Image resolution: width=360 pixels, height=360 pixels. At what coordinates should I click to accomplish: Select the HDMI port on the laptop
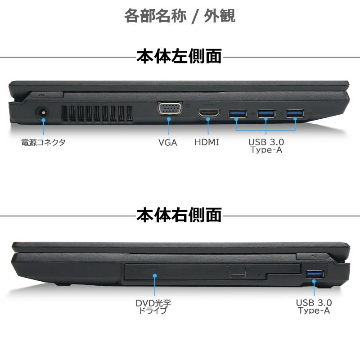pos(209,113)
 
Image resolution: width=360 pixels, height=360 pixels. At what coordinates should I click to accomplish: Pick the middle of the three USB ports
pos(266,113)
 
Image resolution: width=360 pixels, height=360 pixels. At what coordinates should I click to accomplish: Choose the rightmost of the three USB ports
pos(295,113)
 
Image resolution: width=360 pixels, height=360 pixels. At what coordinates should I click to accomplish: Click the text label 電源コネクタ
pos(43,143)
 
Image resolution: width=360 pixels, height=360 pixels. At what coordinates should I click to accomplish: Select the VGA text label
pos(168,143)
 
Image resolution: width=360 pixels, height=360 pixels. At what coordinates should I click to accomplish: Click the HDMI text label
pos(207,143)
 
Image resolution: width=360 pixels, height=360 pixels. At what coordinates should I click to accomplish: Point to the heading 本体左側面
pos(179,57)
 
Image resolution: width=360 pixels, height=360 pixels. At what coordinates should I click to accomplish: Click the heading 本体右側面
pos(179,215)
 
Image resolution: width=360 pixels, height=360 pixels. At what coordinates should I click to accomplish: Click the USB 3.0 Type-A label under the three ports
pos(266,146)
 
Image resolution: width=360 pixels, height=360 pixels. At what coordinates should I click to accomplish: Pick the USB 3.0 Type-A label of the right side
pos(314,306)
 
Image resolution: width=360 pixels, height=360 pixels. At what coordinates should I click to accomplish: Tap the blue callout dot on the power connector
pos(43,119)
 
